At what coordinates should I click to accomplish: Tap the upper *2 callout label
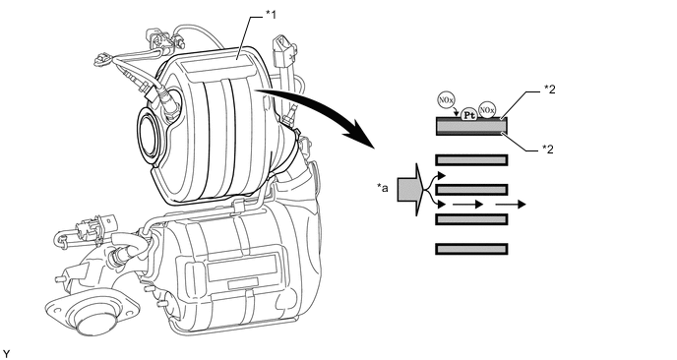tap(552, 90)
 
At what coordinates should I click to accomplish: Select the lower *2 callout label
tap(552, 150)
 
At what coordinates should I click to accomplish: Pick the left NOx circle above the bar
tap(444, 100)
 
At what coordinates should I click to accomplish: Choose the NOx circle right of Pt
tap(487, 109)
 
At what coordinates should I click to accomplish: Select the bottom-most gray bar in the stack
tap(470, 249)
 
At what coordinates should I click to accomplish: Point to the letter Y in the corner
tap(7, 352)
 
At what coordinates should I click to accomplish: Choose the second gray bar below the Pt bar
tap(470, 189)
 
